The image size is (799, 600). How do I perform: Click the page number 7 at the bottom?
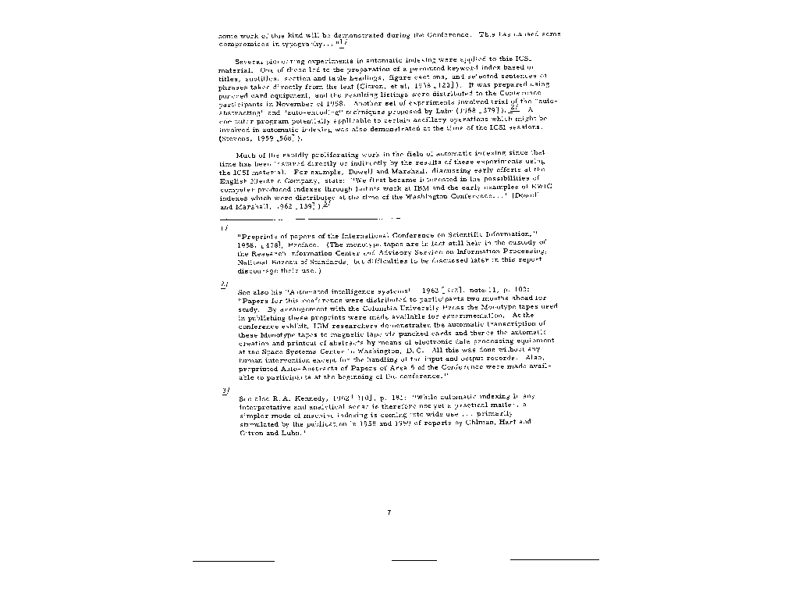tap(389, 512)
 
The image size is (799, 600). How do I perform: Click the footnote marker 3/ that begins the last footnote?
tap(225, 390)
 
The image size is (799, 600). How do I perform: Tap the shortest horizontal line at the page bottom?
tap(414, 560)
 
